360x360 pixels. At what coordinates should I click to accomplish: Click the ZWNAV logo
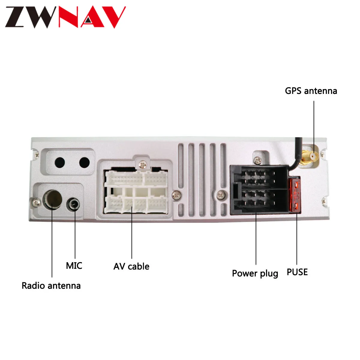(65, 17)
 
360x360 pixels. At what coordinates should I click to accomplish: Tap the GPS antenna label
(311, 91)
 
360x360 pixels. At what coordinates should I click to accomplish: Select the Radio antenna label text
(51, 286)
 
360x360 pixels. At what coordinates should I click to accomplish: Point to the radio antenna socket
(53, 199)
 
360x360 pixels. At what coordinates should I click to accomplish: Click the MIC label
(74, 266)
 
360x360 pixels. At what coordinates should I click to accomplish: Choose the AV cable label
(131, 266)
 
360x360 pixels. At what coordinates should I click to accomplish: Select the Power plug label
(255, 274)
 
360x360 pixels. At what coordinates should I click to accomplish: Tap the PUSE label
(297, 272)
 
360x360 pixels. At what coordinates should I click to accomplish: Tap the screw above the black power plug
(257, 160)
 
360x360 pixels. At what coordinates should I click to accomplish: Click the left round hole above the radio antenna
(60, 163)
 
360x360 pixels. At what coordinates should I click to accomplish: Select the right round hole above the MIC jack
(84, 163)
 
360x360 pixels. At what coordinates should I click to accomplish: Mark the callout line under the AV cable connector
(132, 234)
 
